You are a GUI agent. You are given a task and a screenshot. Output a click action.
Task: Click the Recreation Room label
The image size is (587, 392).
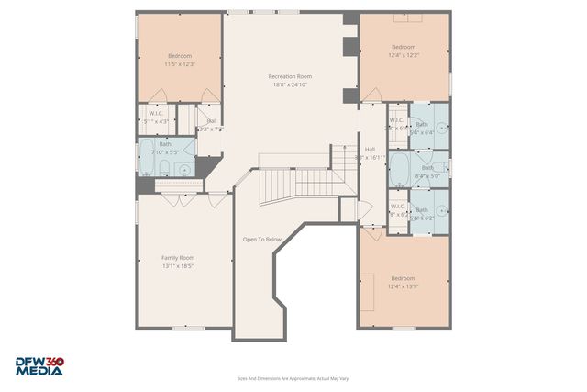[x=290, y=76]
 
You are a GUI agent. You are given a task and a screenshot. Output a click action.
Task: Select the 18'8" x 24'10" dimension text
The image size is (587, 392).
[x=290, y=85]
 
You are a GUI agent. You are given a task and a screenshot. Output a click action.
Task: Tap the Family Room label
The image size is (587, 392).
[x=178, y=258]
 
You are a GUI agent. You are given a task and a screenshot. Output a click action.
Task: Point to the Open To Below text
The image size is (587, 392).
[x=261, y=240]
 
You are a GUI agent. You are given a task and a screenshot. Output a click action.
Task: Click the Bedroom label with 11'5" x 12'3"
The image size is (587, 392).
[x=179, y=55]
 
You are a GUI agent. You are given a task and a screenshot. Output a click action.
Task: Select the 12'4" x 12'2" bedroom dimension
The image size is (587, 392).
[x=404, y=56]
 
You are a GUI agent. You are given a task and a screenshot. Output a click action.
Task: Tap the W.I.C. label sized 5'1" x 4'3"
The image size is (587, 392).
[x=156, y=116]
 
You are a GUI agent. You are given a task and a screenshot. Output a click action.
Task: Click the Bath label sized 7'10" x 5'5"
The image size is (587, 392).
[x=165, y=144]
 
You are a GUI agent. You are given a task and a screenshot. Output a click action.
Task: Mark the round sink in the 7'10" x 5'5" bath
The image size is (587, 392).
[x=184, y=169]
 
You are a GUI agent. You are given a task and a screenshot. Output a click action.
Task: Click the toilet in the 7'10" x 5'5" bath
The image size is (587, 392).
[x=164, y=166]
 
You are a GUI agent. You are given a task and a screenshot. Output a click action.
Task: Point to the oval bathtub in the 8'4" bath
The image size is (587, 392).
[x=401, y=170]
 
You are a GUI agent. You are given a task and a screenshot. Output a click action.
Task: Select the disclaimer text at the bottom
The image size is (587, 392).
[x=293, y=378]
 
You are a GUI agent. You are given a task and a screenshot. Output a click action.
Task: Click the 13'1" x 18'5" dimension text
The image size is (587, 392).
[x=178, y=267]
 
